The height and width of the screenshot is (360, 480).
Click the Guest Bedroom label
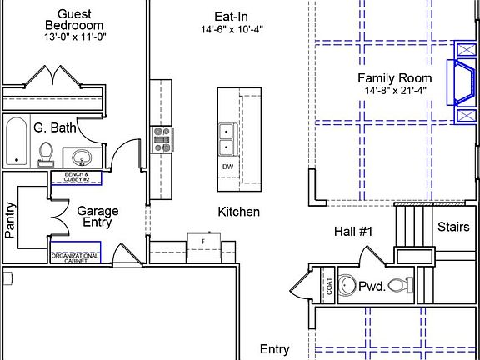[x=74, y=20]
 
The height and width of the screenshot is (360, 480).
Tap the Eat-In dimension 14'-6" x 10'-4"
[x=232, y=30]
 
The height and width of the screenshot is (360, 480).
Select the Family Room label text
[x=395, y=78]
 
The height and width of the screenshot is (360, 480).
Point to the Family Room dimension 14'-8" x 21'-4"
[x=395, y=91]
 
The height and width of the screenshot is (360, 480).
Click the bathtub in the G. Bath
[x=17, y=141]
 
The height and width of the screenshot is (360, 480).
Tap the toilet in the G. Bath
[x=46, y=154]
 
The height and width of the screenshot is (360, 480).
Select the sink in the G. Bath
[x=82, y=157]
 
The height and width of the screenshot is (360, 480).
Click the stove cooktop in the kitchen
[x=162, y=140]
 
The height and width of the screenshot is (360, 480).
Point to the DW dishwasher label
[x=227, y=167]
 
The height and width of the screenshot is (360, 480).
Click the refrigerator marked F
[x=204, y=245]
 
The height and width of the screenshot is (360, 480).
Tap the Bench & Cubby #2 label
[x=77, y=177]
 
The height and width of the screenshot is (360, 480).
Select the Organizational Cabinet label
[x=75, y=258]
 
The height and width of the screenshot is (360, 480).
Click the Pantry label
[x=10, y=220]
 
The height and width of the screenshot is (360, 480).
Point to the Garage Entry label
[x=97, y=217]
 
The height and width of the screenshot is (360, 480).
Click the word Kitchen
[x=239, y=212]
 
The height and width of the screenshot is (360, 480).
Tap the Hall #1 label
[x=353, y=232]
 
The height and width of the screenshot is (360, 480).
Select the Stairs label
[x=453, y=227]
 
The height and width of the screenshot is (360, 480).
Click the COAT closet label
[x=329, y=286]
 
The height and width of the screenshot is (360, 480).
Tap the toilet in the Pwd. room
[x=401, y=285]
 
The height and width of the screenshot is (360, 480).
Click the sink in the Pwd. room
[x=347, y=285]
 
